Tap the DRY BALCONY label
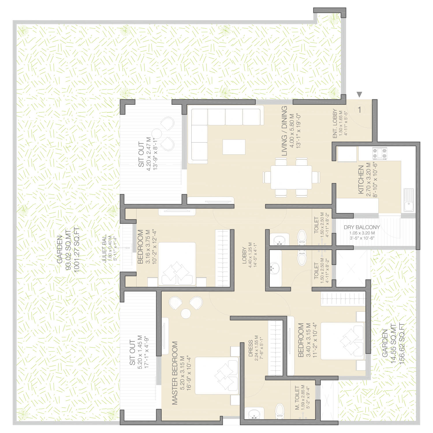[362, 227]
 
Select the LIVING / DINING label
[284, 131]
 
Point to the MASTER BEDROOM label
[175, 373]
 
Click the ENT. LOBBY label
[335, 124]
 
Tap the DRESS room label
[251, 348]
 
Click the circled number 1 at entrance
[359, 110]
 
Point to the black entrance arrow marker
[359, 94]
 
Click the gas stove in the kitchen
[380, 154]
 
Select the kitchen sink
[408, 200]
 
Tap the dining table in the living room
[291, 177]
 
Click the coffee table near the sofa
[234, 147]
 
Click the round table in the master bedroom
[186, 314]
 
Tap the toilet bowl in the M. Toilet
[280, 411]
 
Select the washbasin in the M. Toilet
[254, 413]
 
